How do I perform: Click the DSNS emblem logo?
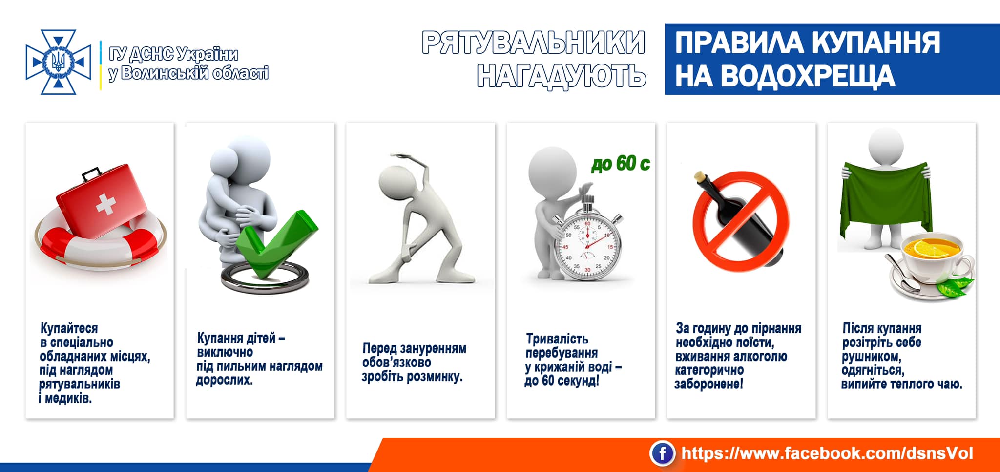point(59,62)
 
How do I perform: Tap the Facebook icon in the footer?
point(662,453)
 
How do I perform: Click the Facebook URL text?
point(827,453)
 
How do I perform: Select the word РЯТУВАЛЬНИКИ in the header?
point(534,43)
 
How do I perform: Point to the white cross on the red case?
point(105,204)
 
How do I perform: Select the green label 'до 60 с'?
point(621,163)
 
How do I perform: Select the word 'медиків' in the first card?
point(68,398)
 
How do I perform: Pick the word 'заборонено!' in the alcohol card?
point(708,384)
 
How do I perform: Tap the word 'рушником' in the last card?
point(871,356)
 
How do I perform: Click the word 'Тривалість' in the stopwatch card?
point(557,339)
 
